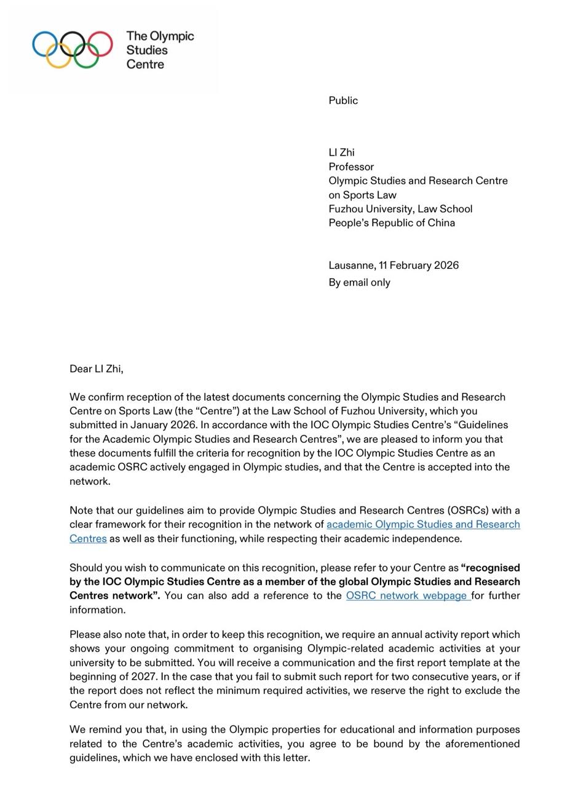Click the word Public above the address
pyautogui.click(x=343, y=100)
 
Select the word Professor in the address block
pyautogui.click(x=351, y=167)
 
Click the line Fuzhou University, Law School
pyautogui.click(x=400, y=209)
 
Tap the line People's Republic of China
pyautogui.click(x=392, y=223)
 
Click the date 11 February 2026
pyautogui.click(x=419, y=265)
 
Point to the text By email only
pyautogui.click(x=359, y=282)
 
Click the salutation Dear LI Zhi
pyautogui.click(x=96, y=369)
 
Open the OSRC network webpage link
pyautogui.click(x=407, y=596)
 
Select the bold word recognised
pyautogui.click(x=491, y=567)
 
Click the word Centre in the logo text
pyautogui.click(x=146, y=64)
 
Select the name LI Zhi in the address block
pyautogui.click(x=341, y=153)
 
